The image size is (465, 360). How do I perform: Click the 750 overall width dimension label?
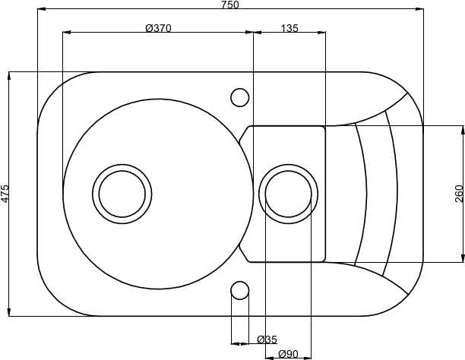(x=230, y=5)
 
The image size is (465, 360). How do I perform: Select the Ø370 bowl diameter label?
(x=159, y=28)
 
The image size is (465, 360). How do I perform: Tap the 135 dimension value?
(x=289, y=28)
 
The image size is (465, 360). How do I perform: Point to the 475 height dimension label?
(x=5, y=194)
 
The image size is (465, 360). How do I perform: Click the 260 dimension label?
(x=459, y=194)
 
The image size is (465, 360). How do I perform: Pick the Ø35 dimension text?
(x=267, y=339)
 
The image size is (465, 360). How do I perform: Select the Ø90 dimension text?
(x=289, y=354)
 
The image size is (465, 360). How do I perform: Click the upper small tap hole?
(x=240, y=97)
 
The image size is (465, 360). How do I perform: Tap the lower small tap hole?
(x=240, y=290)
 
